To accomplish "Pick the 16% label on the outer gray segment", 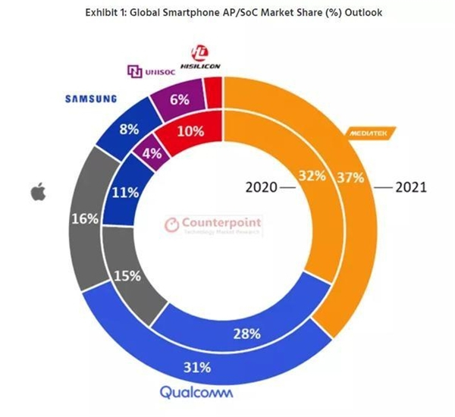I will [83, 219].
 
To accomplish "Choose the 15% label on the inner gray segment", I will [126, 276].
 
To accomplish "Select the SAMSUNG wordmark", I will [90, 98].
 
